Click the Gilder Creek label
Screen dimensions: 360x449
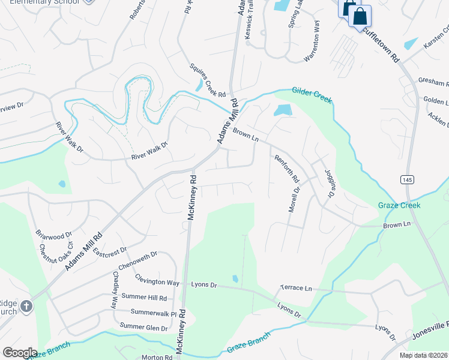pyautogui.click(x=312, y=95)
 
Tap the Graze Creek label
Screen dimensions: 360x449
pyautogui.click(x=399, y=205)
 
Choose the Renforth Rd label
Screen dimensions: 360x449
pyautogui.click(x=286, y=168)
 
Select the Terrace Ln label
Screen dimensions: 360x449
pyautogui.click(x=297, y=289)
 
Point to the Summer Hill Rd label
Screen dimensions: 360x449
pyautogui.click(x=143, y=298)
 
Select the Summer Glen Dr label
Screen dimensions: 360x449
pyautogui.click(x=143, y=327)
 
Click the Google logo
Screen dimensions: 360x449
pyautogui.click(x=20, y=353)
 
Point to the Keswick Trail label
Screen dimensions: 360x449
pyautogui.click(x=253, y=27)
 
